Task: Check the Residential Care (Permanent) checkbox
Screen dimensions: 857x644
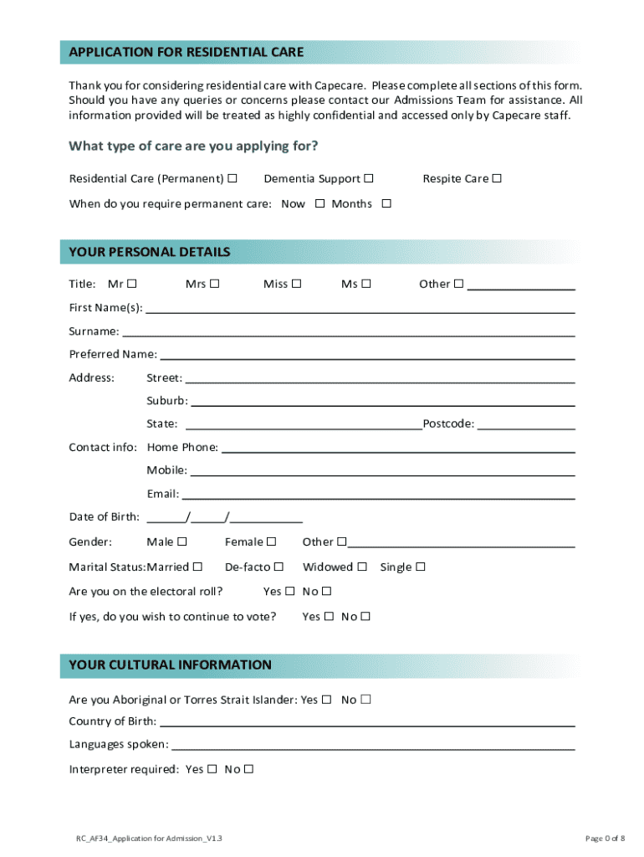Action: tap(232, 178)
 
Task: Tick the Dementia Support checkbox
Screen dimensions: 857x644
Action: tap(369, 178)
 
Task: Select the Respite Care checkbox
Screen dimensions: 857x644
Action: tap(497, 178)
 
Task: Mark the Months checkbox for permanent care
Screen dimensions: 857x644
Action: tap(386, 203)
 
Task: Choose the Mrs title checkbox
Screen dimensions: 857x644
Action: tap(215, 284)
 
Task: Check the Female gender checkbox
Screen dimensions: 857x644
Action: tap(271, 541)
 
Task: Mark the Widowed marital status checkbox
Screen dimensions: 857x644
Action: tap(362, 567)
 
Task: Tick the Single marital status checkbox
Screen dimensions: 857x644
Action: tap(421, 567)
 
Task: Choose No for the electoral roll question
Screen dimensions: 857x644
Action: tap(327, 592)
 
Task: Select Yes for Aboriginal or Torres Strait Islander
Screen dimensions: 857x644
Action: tap(326, 700)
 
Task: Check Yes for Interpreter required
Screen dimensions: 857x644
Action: tap(212, 769)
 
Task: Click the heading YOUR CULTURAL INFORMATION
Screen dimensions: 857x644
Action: tap(171, 665)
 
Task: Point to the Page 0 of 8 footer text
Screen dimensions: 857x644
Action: tap(604, 838)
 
